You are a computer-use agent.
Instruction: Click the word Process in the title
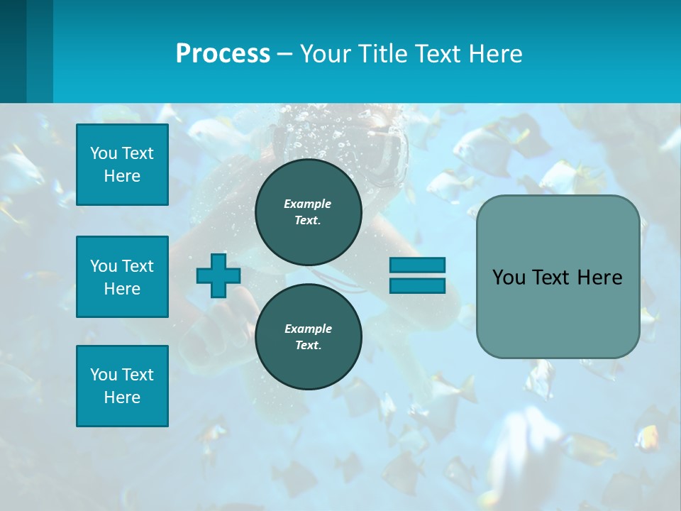pyautogui.click(x=223, y=54)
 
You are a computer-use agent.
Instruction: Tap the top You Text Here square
pyautogui.click(x=122, y=165)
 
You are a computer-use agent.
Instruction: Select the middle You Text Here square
pyautogui.click(x=122, y=277)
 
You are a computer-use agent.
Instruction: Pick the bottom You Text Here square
pyautogui.click(x=122, y=386)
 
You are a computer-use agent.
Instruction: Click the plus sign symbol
pyautogui.click(x=218, y=275)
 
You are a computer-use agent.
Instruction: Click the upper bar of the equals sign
pyautogui.click(x=417, y=265)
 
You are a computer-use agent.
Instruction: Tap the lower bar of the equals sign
pyautogui.click(x=417, y=285)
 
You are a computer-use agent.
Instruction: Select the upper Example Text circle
pyautogui.click(x=308, y=211)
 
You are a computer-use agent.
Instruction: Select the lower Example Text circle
pyautogui.click(x=308, y=336)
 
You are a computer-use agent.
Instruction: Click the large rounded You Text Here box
pyautogui.click(x=558, y=277)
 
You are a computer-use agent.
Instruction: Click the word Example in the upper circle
pyautogui.click(x=308, y=204)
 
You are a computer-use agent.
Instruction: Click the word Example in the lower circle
pyautogui.click(x=308, y=329)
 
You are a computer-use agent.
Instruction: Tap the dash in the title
pyautogui.click(x=284, y=54)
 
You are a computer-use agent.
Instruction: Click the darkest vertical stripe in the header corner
pyautogui.click(x=13, y=51)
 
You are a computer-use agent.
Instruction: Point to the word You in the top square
pyautogui.click(x=104, y=153)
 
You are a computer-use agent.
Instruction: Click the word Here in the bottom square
pyautogui.click(x=122, y=397)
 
